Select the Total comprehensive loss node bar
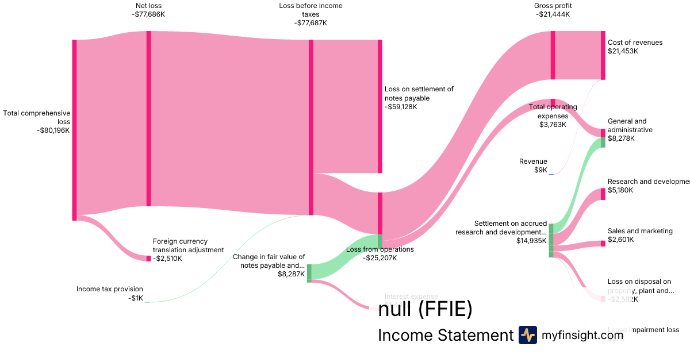74,130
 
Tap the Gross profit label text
552,6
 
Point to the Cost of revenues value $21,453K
623,51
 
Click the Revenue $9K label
533,166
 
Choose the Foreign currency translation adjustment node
148,259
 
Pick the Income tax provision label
110,289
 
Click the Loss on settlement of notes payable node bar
379,106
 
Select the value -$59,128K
401,107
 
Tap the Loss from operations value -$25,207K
379,258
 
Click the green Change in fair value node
309,273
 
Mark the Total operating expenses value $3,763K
552,124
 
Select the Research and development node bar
603,194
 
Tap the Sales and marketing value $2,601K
620,240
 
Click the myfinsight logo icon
527,335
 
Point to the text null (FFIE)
425,310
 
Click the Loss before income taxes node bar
311,127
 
